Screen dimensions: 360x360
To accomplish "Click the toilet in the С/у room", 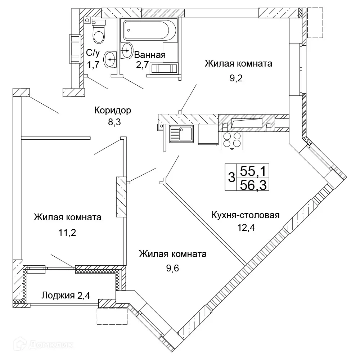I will click(99, 32).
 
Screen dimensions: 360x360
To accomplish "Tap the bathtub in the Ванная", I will click(149, 31).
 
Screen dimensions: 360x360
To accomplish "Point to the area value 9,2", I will click(237, 78).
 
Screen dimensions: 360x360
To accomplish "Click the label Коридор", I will click(113, 110).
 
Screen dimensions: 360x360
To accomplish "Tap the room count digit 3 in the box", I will click(231, 177).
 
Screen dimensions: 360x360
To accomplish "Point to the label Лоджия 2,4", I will click(66, 296).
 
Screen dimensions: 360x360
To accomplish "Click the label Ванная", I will click(150, 55).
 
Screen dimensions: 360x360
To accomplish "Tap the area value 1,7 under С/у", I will click(93, 66).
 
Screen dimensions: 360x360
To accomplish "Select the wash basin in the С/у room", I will click(110, 59).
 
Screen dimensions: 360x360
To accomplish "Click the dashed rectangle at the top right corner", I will click(315, 23).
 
